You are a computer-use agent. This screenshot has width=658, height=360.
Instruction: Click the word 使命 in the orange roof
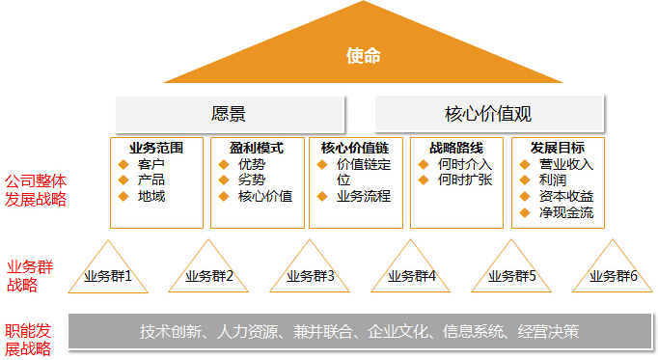[363, 56]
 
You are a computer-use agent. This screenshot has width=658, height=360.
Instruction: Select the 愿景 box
[229, 113]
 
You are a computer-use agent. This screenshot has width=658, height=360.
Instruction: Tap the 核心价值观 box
[488, 113]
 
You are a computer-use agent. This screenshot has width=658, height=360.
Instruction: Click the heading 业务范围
[155, 148]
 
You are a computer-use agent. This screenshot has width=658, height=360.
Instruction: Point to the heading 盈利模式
[257, 148]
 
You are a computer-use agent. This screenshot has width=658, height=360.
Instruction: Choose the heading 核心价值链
[355, 148]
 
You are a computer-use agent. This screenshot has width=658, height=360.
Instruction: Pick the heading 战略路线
[454, 148]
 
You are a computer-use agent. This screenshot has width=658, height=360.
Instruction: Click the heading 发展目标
[557, 148]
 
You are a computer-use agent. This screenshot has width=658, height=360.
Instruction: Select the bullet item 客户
[151, 164]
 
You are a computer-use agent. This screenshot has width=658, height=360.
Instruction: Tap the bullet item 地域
[151, 196]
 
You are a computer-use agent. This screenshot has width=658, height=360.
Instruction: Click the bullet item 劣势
[252, 180]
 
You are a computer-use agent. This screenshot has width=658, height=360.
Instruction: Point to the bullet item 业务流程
[363, 196]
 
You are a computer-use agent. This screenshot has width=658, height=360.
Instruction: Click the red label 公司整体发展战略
[36, 189]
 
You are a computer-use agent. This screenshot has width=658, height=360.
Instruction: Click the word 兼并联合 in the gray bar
[320, 332]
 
